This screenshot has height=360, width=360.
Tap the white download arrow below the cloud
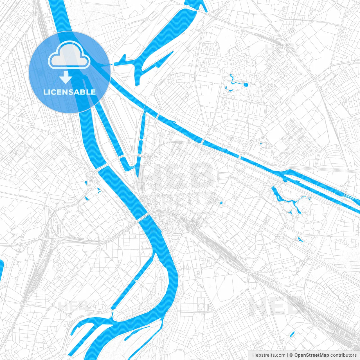tap(66, 77)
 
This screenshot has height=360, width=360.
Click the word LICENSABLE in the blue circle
tap(69, 92)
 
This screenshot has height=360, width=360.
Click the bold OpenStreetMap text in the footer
tap(311, 355)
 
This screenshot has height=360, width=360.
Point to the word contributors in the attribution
tap(343, 355)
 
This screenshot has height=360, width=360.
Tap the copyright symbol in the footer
tap(291, 355)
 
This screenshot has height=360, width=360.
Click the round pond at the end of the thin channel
tap(246, 85)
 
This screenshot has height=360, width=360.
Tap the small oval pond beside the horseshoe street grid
tap(221, 202)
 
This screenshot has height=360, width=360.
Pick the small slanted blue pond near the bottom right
tap(292, 334)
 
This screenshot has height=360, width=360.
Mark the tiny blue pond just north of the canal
tap(261, 144)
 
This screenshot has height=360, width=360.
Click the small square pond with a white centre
tap(98, 190)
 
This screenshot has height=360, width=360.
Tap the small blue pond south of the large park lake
tap(300, 240)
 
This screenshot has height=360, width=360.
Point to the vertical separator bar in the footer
tap(287, 355)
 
